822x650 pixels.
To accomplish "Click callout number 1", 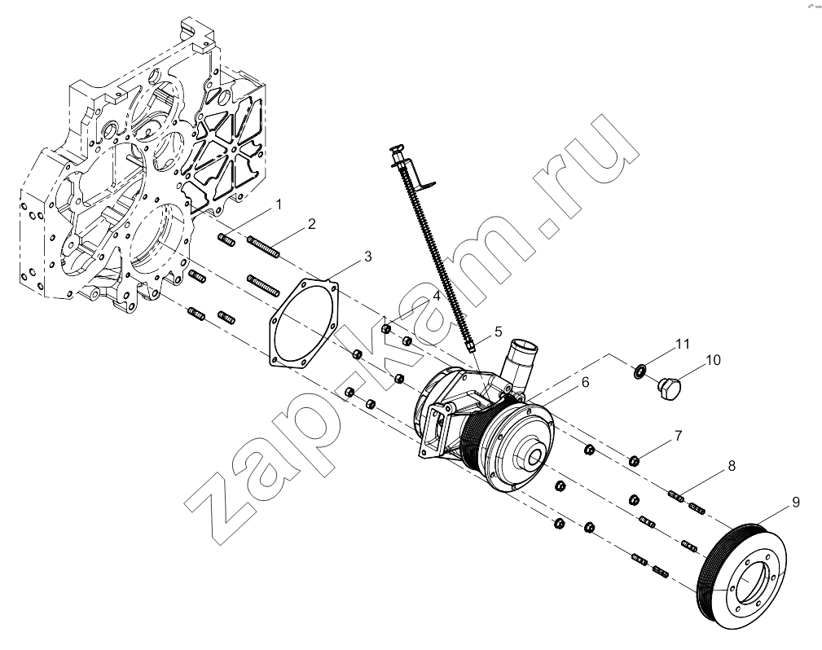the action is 279,204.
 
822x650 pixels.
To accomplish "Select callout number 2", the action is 312,224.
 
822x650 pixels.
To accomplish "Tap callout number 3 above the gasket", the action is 368,257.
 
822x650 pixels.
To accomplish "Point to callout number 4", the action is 436,296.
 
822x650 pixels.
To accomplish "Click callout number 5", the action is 498,332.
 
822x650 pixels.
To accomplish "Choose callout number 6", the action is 585,382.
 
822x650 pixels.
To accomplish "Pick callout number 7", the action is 678,436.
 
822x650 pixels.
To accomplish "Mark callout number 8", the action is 732,465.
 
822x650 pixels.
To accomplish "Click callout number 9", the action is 796,503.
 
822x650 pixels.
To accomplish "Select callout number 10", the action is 713,360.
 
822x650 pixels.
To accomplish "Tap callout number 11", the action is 682,344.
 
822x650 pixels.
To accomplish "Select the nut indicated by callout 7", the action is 633,461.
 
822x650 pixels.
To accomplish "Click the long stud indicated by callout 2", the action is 263,247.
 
